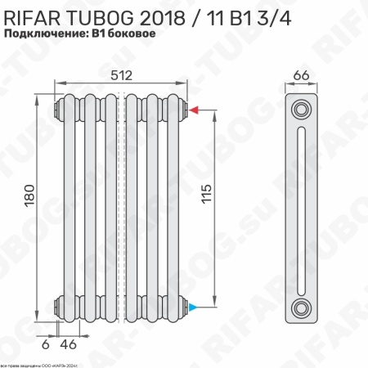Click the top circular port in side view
pyautogui.click(x=302, y=109)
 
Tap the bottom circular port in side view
pyautogui.click(x=302, y=307)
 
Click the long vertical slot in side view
pyautogui.click(x=302, y=208)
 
